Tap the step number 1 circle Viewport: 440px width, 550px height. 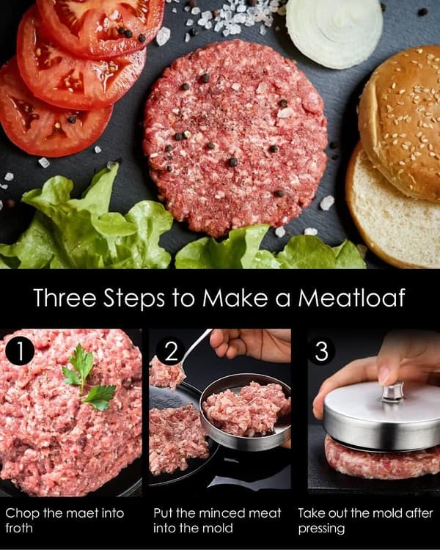[x=20, y=351]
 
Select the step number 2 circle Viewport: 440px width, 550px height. [x=171, y=351]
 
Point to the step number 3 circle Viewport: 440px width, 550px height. [x=321, y=351]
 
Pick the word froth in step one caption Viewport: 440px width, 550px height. [x=19, y=528]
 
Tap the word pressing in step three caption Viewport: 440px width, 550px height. [x=321, y=529]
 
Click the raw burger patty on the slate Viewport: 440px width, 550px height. [x=236, y=138]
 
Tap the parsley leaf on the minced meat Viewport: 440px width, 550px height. [x=89, y=377]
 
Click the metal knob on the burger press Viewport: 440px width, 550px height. [x=393, y=392]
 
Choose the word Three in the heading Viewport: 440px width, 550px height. [x=65, y=298]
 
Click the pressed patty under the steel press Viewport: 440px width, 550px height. [x=382, y=458]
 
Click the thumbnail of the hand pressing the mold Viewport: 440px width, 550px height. [x=374, y=412]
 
